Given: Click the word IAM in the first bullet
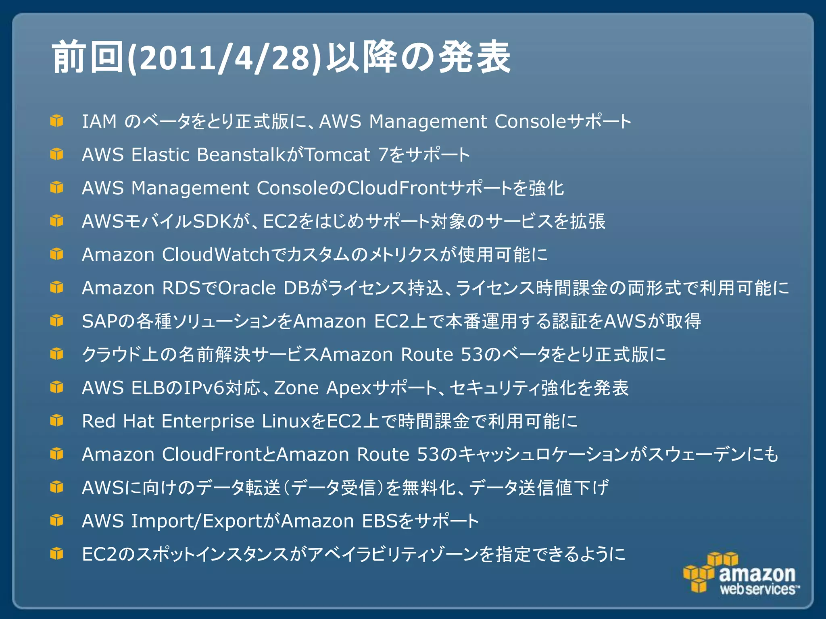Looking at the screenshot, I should tap(99, 121).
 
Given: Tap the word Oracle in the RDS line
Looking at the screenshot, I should tap(247, 288).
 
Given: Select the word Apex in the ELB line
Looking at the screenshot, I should tap(348, 388).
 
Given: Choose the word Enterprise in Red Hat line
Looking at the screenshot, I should tap(208, 421).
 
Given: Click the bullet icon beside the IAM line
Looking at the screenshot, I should tap(57, 121).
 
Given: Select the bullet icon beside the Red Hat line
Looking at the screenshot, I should tap(57, 421).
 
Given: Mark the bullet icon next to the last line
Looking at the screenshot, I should tap(57, 554).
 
